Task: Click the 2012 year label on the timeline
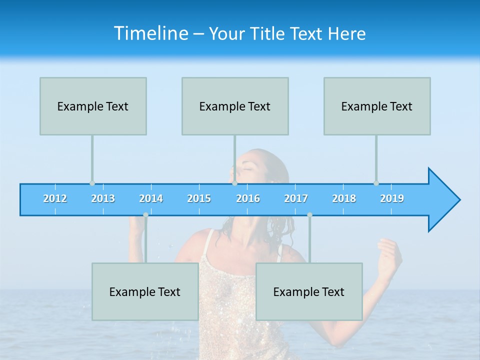pos(55,198)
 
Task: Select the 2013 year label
pos(103,198)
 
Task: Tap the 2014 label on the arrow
pos(151,198)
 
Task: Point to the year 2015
pos(199,198)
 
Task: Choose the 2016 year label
pos(248,198)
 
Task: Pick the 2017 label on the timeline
pos(296,198)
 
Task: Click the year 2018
pos(344,198)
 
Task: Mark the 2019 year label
pos(392,198)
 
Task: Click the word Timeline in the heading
pos(150,33)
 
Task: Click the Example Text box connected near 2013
pos(93,106)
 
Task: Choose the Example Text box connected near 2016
pos(235,106)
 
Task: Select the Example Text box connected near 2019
pos(377,106)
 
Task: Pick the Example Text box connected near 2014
pos(145,291)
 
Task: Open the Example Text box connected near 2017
pos(309,291)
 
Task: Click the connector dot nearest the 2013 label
pos(92,183)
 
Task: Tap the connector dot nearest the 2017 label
pos(309,215)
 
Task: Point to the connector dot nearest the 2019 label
pos(376,183)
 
